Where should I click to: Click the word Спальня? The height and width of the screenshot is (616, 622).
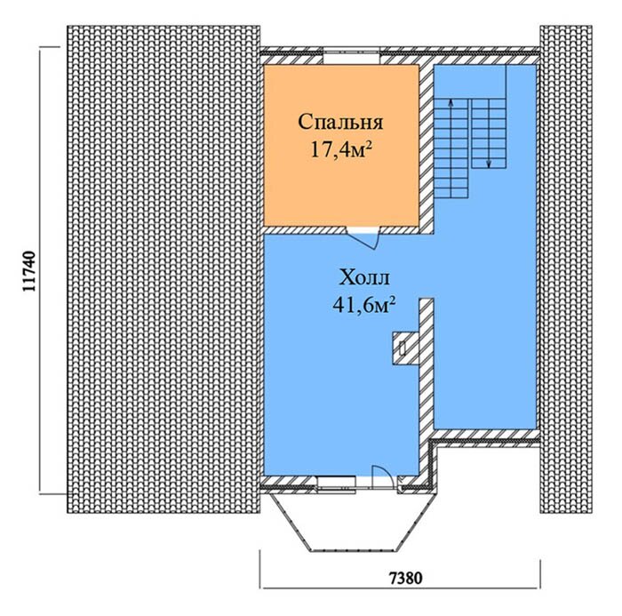(x=340, y=123)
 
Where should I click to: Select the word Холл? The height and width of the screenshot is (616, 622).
(x=364, y=277)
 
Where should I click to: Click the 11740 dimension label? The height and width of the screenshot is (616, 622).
(x=29, y=271)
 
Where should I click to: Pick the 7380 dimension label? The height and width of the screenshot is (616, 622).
(x=404, y=578)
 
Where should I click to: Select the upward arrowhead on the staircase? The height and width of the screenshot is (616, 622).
(x=451, y=102)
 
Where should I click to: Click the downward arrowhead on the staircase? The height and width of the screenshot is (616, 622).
(x=489, y=163)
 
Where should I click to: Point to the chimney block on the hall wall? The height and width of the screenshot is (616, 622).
(x=405, y=348)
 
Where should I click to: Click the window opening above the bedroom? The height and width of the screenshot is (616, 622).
(x=352, y=56)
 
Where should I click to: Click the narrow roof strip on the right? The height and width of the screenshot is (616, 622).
(x=566, y=269)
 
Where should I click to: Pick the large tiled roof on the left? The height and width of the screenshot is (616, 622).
(x=163, y=269)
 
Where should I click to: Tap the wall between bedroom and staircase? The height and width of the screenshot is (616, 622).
(x=426, y=147)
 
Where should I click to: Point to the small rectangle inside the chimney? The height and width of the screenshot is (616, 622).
(x=403, y=348)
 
